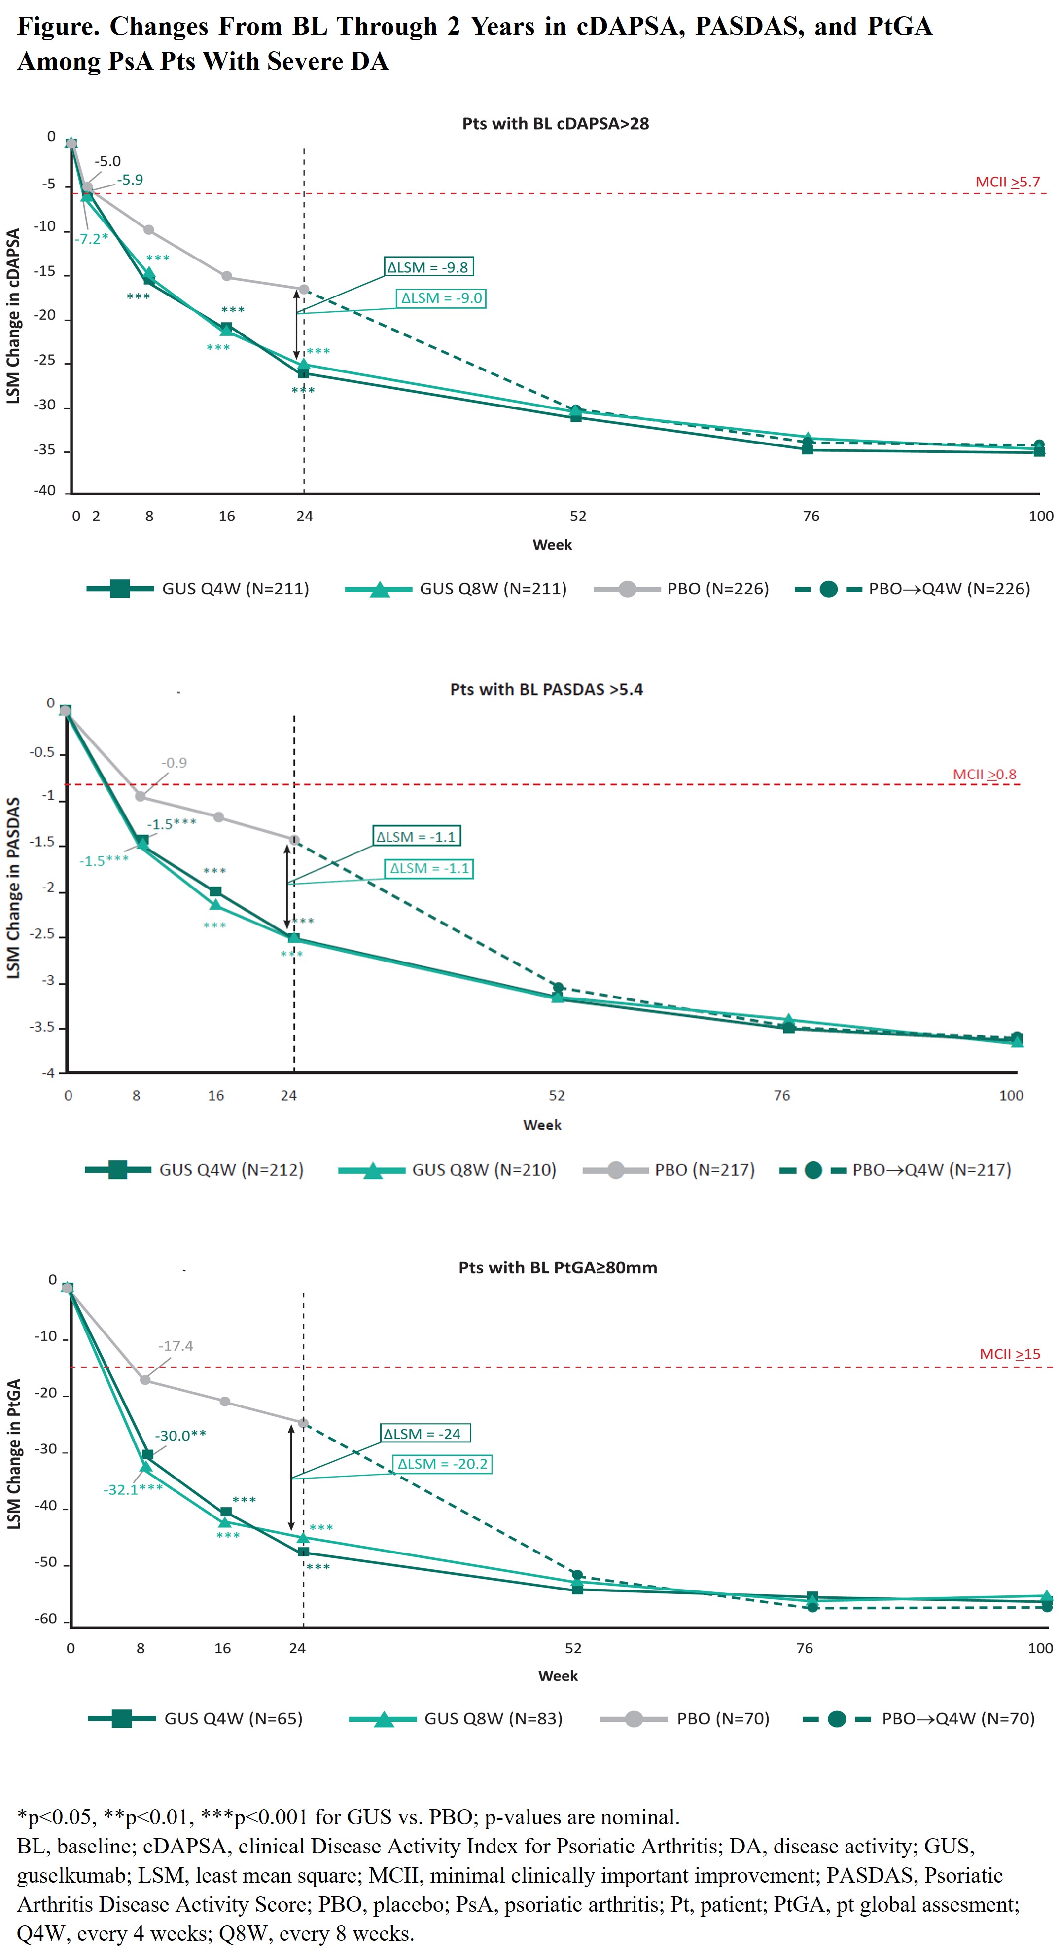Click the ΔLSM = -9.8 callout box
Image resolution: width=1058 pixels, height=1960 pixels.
pyautogui.click(x=428, y=267)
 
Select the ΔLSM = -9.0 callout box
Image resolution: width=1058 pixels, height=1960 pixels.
pyautogui.click(x=441, y=298)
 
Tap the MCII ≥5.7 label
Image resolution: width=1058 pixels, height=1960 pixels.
pyautogui.click(x=1007, y=182)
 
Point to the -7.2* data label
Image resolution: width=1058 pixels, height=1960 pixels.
pyautogui.click(x=91, y=239)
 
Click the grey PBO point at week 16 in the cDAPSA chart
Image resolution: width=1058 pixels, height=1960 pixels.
pyautogui.click(x=227, y=276)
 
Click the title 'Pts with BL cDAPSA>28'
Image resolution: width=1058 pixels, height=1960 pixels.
pyautogui.click(x=555, y=124)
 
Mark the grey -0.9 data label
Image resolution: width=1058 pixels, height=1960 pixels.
pyautogui.click(x=174, y=762)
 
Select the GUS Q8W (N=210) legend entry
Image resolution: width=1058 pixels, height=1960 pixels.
pyautogui.click(x=448, y=1170)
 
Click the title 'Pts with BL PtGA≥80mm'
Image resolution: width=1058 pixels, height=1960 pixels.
pyautogui.click(x=558, y=1267)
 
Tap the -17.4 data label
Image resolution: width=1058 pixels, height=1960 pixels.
pyautogui.click(x=176, y=1346)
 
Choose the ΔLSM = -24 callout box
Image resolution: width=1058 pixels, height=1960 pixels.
pyautogui.click(x=424, y=1434)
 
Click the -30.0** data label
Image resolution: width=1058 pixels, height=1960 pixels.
pyautogui.click(x=181, y=1436)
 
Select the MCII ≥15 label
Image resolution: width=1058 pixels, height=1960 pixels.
pyautogui.click(x=1009, y=1354)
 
